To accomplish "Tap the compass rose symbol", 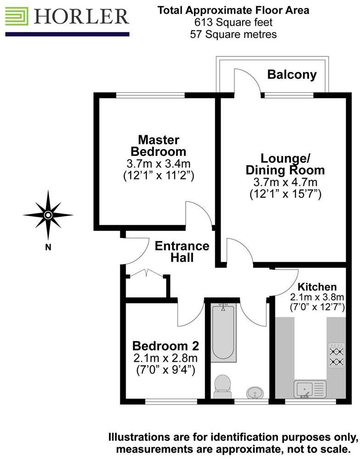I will (x=48, y=215).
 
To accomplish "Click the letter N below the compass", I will (x=48, y=248).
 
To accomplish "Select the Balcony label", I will (x=292, y=74).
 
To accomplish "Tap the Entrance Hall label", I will (x=182, y=251).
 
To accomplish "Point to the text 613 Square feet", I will (x=233, y=22).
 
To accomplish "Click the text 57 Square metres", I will (x=233, y=34).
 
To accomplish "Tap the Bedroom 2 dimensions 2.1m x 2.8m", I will (x=165, y=358).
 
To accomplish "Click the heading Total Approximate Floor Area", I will (x=233, y=10).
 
